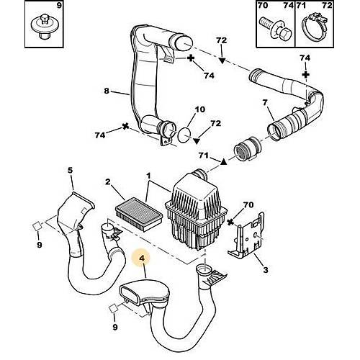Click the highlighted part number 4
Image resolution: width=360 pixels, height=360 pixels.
pyautogui.click(x=142, y=258)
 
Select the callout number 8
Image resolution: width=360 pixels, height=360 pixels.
pyautogui.click(x=107, y=91)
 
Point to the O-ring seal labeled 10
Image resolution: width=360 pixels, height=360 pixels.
pyautogui.click(x=184, y=135)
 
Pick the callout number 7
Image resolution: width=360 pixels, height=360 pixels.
pyautogui.click(x=265, y=102)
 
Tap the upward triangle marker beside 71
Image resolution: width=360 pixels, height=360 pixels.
pyautogui.click(x=223, y=162)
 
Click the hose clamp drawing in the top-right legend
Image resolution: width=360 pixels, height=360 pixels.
pyautogui.click(x=314, y=27)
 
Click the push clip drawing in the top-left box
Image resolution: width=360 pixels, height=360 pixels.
pyautogui.click(x=44, y=26)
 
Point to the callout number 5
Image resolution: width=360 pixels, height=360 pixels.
pyautogui.click(x=70, y=171)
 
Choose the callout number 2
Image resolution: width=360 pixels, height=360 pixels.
pyautogui.click(x=108, y=181)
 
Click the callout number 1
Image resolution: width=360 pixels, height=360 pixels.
pyautogui.click(x=148, y=176)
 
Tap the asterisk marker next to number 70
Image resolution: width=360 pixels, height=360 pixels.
pyautogui.click(x=230, y=222)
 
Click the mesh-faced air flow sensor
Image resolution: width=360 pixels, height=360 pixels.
pyautogui.click(x=247, y=149)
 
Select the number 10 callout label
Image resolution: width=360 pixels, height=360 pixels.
pyautogui.click(x=200, y=109)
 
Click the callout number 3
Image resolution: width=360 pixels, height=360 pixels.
pyautogui.click(x=265, y=270)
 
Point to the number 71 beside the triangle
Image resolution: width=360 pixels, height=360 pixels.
pyautogui.click(x=204, y=156)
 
